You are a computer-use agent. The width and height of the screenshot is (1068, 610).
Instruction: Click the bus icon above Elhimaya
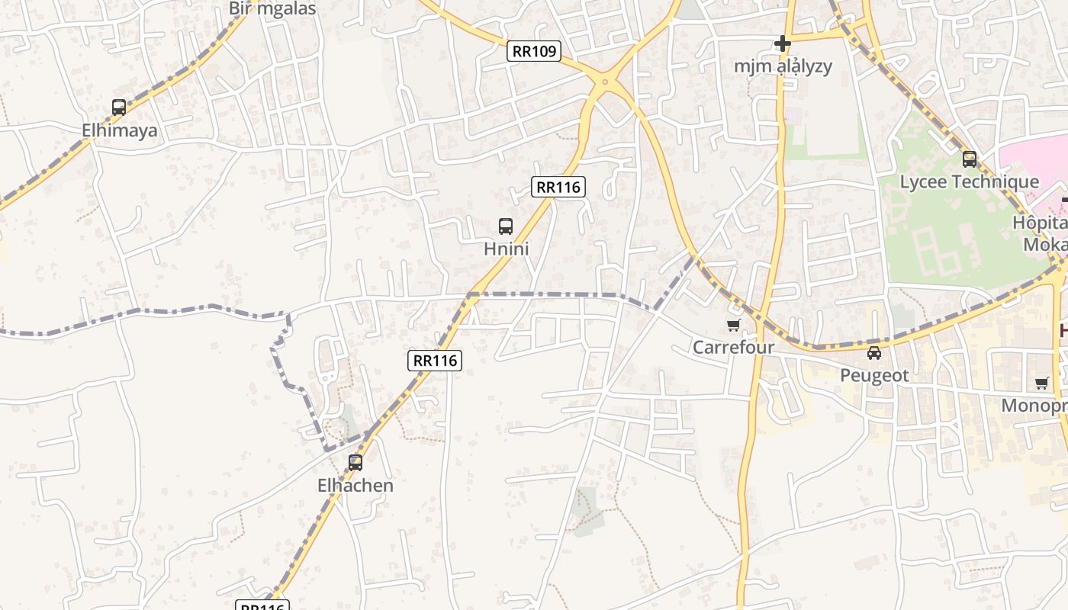(119, 108)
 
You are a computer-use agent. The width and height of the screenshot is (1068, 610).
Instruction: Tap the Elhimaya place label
(120, 130)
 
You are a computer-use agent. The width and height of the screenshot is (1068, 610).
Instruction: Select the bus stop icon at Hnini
(506, 226)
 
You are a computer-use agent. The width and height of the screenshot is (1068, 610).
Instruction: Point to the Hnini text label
(507, 249)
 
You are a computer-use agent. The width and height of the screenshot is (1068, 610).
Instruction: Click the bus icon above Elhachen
(355, 462)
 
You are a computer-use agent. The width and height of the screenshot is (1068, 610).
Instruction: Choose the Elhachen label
(355, 486)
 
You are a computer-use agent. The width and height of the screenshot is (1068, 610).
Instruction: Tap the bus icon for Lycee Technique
(970, 159)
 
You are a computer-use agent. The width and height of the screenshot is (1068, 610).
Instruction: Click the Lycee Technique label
(969, 181)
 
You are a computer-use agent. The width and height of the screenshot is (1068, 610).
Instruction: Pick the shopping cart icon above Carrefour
(734, 326)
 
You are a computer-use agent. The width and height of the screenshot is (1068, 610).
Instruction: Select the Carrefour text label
(733, 348)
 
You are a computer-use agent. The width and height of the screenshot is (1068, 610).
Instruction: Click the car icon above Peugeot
(874, 353)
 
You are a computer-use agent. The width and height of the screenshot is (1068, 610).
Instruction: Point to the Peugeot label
(874, 376)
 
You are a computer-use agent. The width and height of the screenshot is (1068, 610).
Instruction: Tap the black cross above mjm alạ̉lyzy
(783, 43)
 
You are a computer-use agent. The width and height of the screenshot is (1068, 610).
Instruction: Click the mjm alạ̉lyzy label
(783, 66)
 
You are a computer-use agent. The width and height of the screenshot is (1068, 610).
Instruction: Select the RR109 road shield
(534, 51)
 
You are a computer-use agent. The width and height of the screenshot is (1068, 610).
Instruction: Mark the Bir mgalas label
(272, 8)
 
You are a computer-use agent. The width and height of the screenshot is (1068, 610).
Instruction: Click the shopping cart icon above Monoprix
(1042, 383)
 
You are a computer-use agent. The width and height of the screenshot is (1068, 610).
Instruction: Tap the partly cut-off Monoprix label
(1034, 406)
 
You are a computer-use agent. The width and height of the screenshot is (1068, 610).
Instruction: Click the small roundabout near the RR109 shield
(605, 81)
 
